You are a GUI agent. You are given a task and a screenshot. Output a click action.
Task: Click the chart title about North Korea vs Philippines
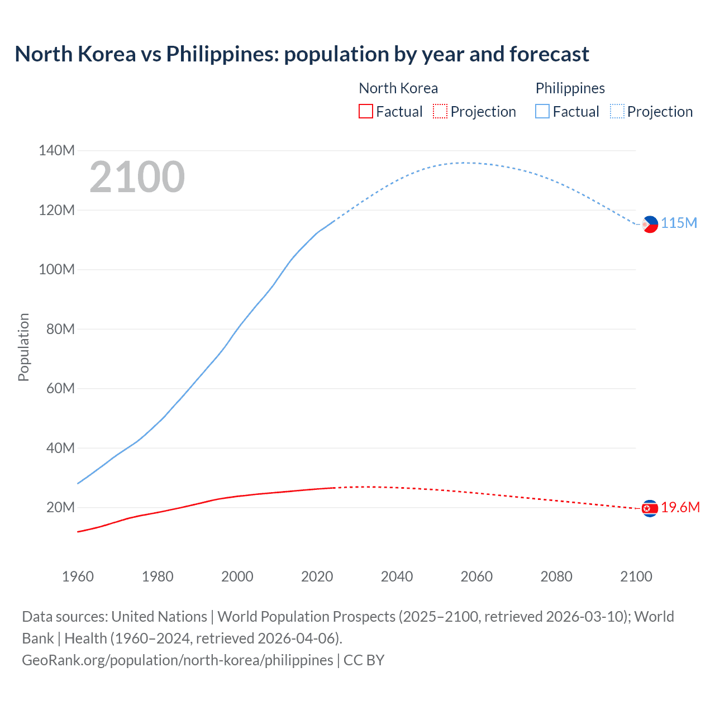(302, 54)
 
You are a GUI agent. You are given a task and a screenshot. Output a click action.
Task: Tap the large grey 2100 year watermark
(137, 177)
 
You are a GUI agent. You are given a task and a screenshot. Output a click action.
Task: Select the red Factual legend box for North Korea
(365, 111)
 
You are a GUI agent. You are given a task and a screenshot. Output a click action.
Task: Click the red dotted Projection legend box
(440, 111)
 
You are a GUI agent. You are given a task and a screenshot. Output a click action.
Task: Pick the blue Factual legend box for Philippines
(542, 111)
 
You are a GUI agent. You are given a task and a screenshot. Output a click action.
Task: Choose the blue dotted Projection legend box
(617, 111)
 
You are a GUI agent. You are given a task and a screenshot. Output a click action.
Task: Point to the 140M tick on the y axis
(56, 150)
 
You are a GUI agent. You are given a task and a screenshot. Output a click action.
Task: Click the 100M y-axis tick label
(56, 269)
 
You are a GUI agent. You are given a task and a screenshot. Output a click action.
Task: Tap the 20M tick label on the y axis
(60, 507)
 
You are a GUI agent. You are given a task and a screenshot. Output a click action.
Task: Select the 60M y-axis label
(60, 388)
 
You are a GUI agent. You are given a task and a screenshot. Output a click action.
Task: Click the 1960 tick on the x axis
(78, 576)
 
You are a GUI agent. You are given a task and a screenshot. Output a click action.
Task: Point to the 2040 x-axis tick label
(397, 576)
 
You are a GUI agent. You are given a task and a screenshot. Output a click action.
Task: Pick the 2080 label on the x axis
(556, 576)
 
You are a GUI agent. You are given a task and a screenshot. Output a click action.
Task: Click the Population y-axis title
(23, 347)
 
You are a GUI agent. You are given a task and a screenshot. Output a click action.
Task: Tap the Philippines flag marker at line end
(650, 225)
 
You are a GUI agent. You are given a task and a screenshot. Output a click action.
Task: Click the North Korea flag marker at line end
(650, 508)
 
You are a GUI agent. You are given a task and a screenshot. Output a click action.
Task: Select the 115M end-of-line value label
(679, 223)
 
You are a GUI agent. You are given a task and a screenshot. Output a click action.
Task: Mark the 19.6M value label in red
(680, 507)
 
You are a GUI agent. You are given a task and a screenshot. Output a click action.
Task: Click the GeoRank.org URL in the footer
(178, 660)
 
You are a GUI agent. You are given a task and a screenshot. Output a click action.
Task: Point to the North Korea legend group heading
(398, 88)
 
